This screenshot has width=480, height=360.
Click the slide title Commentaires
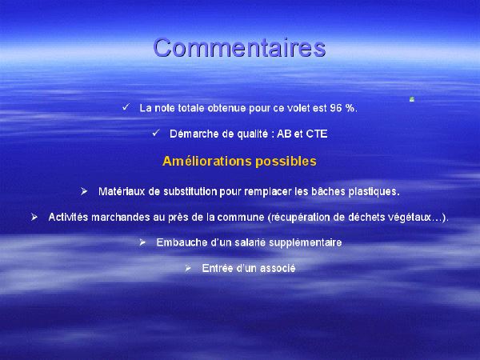tap(239, 47)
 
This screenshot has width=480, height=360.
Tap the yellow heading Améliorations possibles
tap(239, 162)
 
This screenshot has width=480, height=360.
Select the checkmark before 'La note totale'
tap(126, 107)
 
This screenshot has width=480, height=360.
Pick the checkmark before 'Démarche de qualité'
tap(156, 133)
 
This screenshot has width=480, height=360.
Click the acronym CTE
tap(317, 134)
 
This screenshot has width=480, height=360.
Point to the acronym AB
tap(284, 134)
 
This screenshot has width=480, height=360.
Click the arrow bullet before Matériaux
tap(84, 192)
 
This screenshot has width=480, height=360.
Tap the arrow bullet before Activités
tap(34, 218)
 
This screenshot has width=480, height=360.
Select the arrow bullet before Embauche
tap(142, 242)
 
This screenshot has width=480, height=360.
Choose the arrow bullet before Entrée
tap(188, 269)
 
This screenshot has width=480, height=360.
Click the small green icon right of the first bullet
tap(412, 99)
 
